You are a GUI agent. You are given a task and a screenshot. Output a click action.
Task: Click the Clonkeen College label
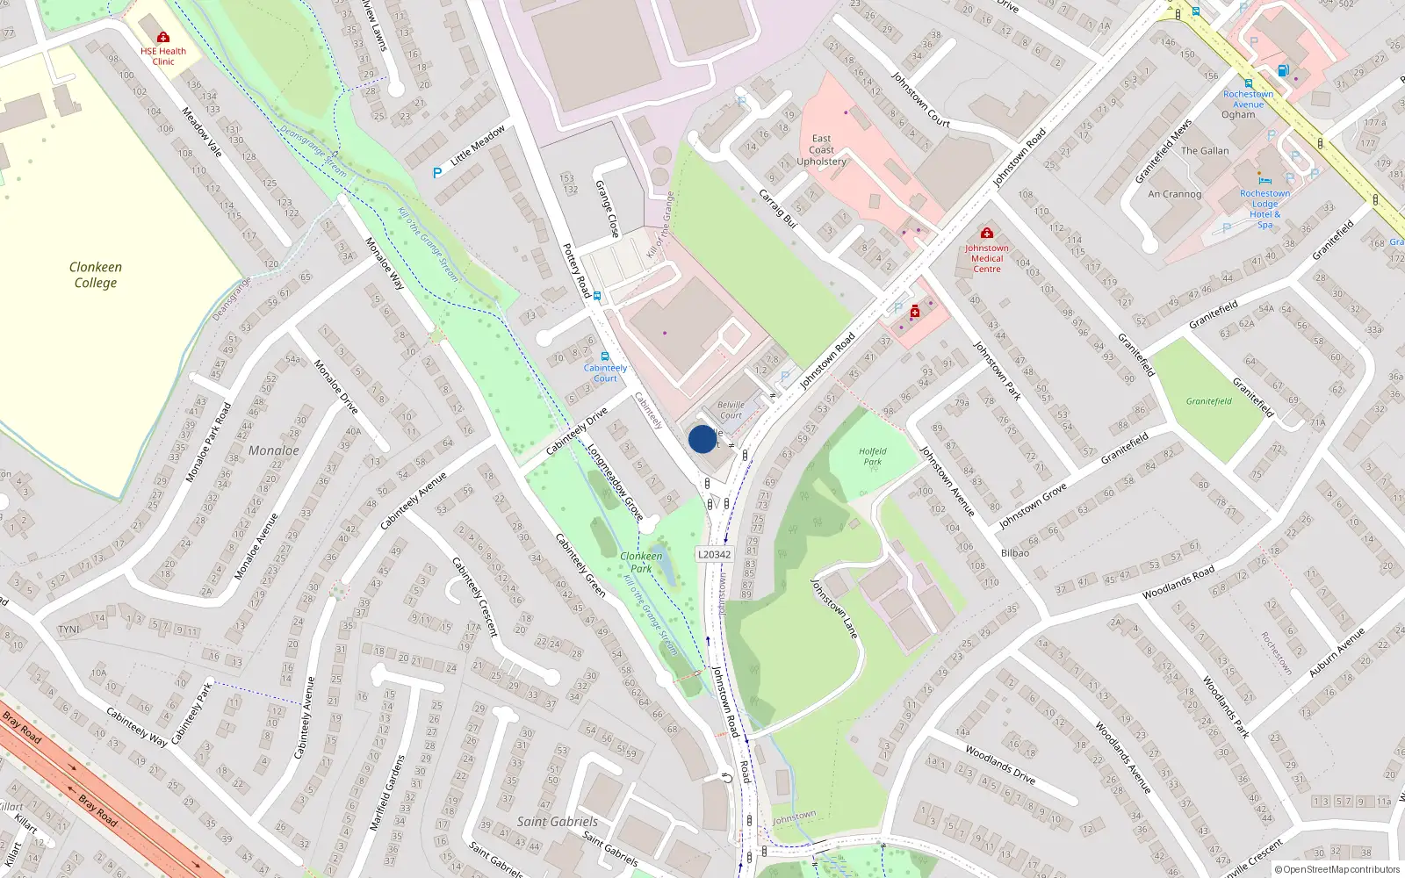[96, 275]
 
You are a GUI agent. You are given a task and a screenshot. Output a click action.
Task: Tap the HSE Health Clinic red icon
[163, 37]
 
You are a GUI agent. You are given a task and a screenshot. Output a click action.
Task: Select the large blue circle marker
[702, 439]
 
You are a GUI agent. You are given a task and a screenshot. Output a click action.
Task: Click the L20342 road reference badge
[714, 554]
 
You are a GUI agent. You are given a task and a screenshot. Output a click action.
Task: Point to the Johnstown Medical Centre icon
[987, 233]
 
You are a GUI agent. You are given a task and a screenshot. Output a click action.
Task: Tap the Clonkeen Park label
[641, 562]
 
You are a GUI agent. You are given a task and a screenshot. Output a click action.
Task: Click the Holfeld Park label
[872, 456]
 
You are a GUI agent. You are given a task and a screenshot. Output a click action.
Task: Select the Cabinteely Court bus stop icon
[605, 356]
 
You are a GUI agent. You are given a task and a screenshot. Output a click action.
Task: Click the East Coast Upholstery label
[821, 150]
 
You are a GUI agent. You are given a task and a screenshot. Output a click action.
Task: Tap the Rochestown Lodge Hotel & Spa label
[1264, 209]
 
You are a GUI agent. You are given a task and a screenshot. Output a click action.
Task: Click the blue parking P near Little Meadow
[437, 173]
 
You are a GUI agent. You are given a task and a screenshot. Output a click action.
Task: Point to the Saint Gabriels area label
[557, 822]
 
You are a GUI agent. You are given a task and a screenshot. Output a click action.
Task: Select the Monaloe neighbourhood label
[273, 450]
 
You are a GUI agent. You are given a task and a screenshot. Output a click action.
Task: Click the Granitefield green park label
[1208, 401]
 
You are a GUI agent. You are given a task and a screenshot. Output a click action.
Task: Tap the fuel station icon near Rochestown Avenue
[1283, 70]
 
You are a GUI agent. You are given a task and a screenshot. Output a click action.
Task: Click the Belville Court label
[731, 410]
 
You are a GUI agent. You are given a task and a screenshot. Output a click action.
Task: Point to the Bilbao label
[1015, 553]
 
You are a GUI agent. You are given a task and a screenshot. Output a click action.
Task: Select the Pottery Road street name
[576, 270]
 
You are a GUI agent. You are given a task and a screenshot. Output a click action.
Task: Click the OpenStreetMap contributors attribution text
[1337, 869]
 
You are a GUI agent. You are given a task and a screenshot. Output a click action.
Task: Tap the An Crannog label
[1174, 194]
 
